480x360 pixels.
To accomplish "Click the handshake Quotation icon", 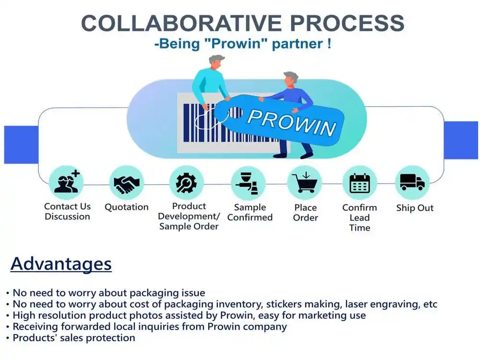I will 127,182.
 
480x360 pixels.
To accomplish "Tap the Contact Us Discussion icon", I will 66,182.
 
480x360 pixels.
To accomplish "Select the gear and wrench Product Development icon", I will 187,182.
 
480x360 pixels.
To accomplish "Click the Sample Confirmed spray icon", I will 248,182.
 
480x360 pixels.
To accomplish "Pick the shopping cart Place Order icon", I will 304,182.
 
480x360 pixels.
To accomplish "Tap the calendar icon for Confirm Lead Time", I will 360,183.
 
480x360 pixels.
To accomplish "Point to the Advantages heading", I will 61,264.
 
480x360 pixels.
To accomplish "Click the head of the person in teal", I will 216,62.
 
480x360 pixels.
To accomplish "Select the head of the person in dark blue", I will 290,79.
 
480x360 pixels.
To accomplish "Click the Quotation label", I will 127,207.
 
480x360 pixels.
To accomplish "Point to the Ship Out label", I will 415,208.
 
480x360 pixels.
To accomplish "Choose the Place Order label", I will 305,213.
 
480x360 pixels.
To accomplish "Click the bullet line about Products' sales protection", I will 72,337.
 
